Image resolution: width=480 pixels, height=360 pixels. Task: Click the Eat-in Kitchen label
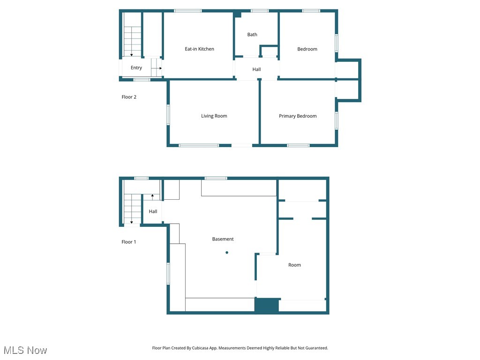(199, 49)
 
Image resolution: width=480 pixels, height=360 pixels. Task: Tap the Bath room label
(252, 35)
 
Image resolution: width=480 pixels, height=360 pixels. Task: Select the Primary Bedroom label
(298, 116)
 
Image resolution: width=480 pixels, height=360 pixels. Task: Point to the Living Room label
(214, 116)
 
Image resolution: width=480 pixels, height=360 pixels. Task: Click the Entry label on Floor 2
(136, 68)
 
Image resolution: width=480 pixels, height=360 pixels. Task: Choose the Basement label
(223, 239)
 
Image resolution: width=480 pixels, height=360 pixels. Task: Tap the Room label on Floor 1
(294, 265)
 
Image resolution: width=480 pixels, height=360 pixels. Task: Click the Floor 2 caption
(129, 97)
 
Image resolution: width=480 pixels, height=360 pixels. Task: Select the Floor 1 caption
(129, 242)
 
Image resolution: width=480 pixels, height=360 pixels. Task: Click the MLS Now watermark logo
(25, 350)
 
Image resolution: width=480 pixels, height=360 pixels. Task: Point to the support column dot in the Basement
(227, 253)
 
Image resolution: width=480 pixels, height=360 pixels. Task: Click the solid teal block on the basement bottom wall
(267, 306)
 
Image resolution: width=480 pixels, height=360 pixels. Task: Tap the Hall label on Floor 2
(256, 69)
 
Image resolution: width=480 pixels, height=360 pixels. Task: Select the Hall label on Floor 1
(153, 211)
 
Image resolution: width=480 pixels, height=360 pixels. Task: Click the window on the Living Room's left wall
(168, 115)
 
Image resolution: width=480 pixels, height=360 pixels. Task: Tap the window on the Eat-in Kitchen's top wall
(188, 11)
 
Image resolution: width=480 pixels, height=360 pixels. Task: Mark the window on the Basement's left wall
(168, 273)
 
